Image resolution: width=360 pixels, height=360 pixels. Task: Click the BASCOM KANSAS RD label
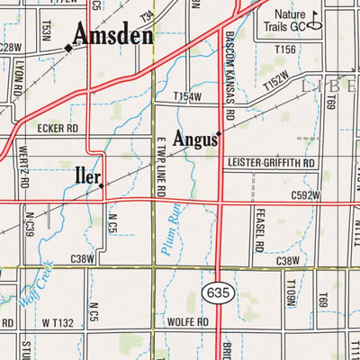229,76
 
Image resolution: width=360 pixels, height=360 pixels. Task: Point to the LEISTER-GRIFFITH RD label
272,164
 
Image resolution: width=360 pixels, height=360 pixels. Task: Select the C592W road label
306,193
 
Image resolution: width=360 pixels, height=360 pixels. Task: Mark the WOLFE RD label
188,321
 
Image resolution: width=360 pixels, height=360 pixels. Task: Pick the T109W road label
291,294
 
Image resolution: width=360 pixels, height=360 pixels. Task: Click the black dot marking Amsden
67,48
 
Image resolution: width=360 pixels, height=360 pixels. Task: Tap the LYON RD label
17,79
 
